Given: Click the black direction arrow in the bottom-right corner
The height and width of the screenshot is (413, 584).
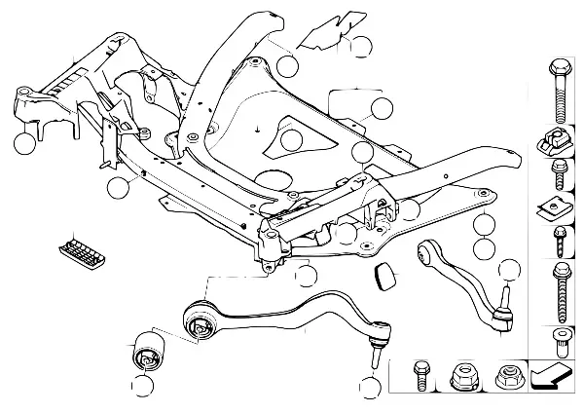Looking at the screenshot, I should (556, 373).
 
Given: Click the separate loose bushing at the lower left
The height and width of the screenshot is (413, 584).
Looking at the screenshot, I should (148, 348).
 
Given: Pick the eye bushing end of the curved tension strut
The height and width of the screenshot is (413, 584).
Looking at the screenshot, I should (429, 257).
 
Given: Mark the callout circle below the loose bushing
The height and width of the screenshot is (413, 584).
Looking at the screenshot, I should (144, 387).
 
